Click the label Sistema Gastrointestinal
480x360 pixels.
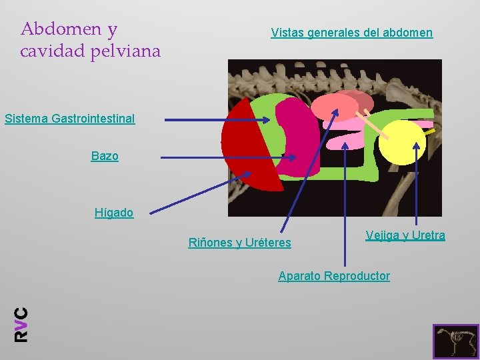tap(69, 119)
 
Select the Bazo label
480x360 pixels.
tap(105, 156)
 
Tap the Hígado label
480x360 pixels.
tap(114, 213)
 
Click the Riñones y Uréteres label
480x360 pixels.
tap(239, 243)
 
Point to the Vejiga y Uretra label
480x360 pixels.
tap(405, 235)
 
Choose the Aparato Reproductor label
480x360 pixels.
tap(334, 276)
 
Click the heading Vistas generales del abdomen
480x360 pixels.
tap(351, 33)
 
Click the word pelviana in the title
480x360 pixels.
tap(126, 51)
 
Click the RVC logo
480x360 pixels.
tap(21, 324)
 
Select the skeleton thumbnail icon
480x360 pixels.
tap(455, 341)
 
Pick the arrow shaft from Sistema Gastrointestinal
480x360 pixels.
tap(213, 120)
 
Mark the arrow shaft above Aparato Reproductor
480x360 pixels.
tap(345, 207)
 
